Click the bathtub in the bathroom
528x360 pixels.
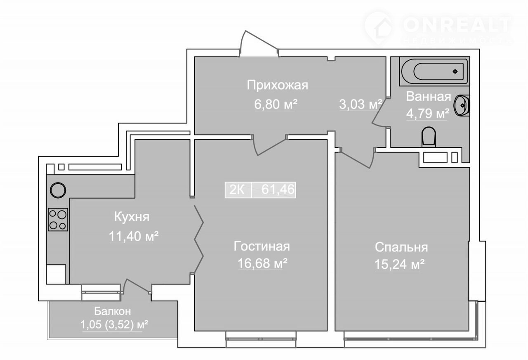(x=434, y=71)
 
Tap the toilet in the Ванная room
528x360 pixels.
(x=429, y=137)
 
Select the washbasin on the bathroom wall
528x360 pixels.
(x=462, y=105)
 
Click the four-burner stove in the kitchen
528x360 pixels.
(x=58, y=219)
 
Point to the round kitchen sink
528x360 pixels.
(x=58, y=190)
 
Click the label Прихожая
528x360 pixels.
(x=278, y=85)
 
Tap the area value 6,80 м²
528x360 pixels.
(x=276, y=104)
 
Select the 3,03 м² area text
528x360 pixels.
(x=361, y=104)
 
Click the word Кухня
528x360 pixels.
(x=132, y=217)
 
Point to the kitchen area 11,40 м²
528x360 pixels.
(x=134, y=236)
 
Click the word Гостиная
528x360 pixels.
(x=262, y=246)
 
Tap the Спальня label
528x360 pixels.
(x=401, y=247)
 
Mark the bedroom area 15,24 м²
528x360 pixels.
(x=400, y=264)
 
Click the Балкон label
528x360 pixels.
(x=113, y=311)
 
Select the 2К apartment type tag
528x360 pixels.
(x=237, y=189)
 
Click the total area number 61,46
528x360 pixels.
(x=278, y=189)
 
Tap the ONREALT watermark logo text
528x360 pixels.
(x=457, y=25)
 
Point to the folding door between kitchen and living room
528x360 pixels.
(x=199, y=239)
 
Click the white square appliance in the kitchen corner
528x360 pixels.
(x=56, y=275)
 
